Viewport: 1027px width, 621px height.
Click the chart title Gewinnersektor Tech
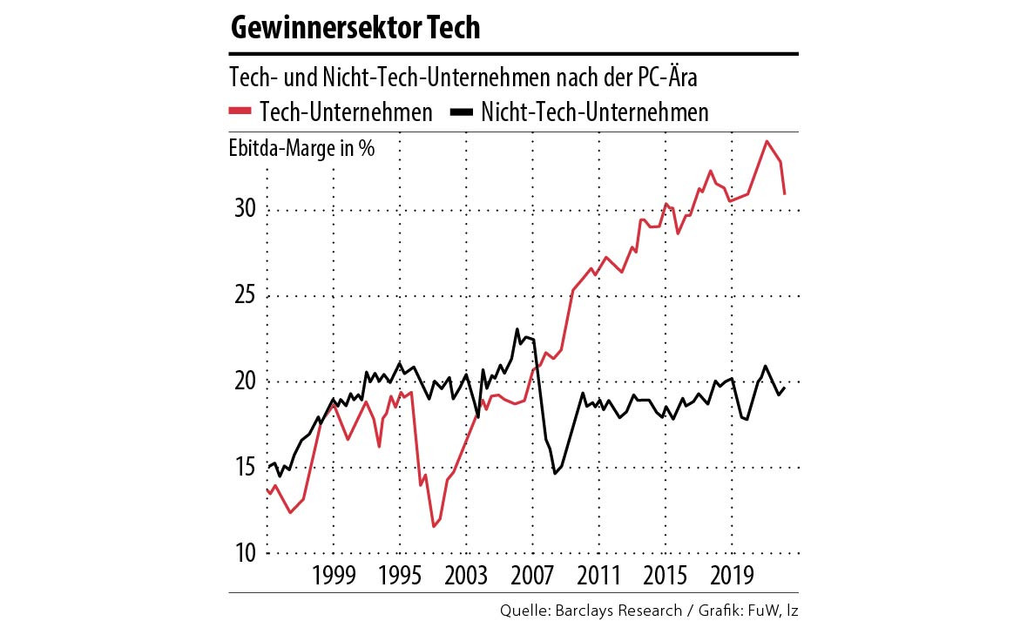pos(355,28)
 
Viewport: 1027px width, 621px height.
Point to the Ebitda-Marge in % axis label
pos(301,149)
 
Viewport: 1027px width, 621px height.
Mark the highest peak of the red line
pos(767,141)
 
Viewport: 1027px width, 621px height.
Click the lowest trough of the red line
pos(433,526)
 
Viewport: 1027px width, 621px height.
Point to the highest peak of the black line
pos(517,329)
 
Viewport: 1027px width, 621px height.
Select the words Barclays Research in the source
pos(620,610)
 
